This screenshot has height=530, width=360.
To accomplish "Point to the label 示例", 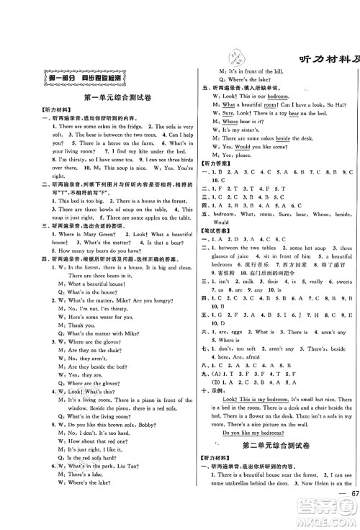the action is pos(220,382).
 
